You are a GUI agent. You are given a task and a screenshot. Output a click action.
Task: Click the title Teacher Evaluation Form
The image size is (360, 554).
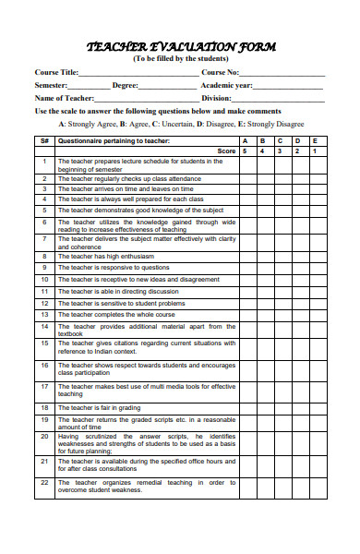180,46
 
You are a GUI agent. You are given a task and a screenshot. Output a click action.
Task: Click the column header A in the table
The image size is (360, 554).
245,140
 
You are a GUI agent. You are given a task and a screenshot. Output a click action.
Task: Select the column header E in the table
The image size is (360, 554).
315,140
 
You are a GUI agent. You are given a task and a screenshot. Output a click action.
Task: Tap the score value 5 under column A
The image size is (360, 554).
245,151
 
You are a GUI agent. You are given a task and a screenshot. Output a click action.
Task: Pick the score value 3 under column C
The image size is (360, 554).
280,151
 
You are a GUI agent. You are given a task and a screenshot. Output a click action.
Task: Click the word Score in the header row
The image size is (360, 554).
226,151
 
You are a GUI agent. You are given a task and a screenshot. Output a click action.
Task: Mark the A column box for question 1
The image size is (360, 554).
245,164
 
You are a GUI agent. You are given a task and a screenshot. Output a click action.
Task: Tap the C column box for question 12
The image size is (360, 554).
280,303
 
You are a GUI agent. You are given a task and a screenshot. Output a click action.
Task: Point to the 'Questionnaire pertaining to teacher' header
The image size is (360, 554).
114,140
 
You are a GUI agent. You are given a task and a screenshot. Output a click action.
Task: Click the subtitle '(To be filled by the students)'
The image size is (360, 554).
180,58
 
